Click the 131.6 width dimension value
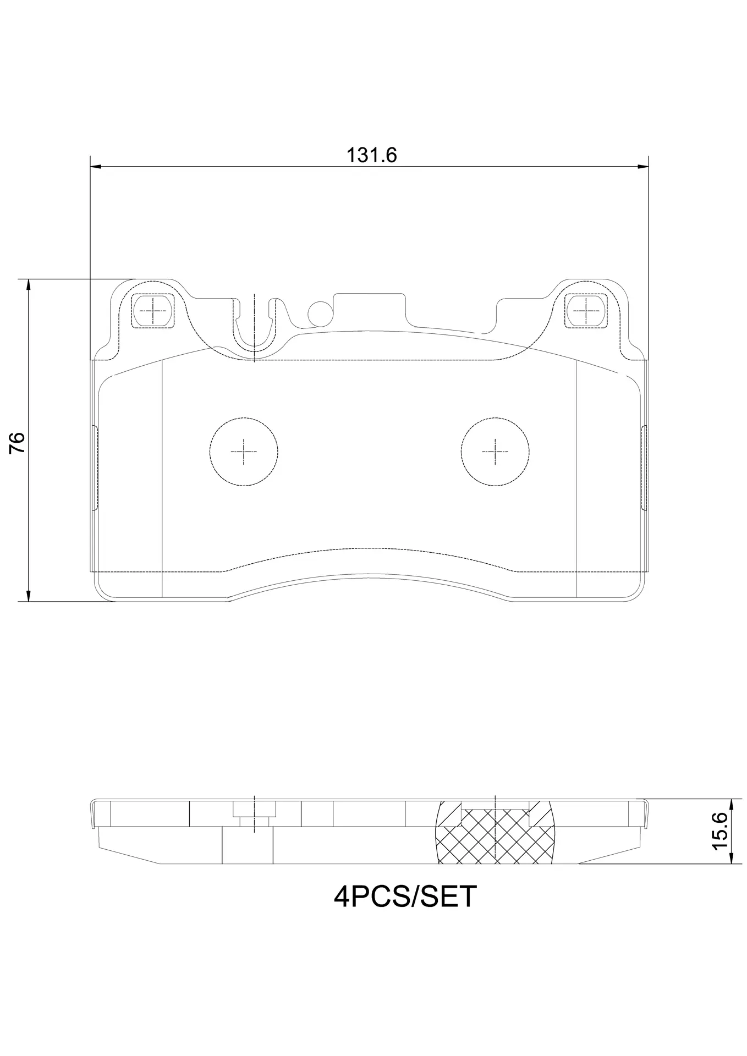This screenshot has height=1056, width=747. pyautogui.click(x=371, y=156)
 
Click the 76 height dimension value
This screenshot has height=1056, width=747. pyautogui.click(x=18, y=442)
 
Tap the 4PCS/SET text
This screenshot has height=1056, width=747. pyautogui.click(x=405, y=897)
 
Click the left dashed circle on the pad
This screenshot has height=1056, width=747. pyautogui.click(x=244, y=452)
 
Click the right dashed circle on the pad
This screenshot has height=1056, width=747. pyautogui.click(x=496, y=452)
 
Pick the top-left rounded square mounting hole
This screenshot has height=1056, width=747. pyautogui.click(x=153, y=311)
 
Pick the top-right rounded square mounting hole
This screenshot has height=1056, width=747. pyautogui.click(x=586, y=311)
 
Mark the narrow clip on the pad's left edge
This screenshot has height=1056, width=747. pyautogui.click(x=94, y=468)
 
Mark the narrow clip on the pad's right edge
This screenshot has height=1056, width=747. pyautogui.click(x=644, y=468)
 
